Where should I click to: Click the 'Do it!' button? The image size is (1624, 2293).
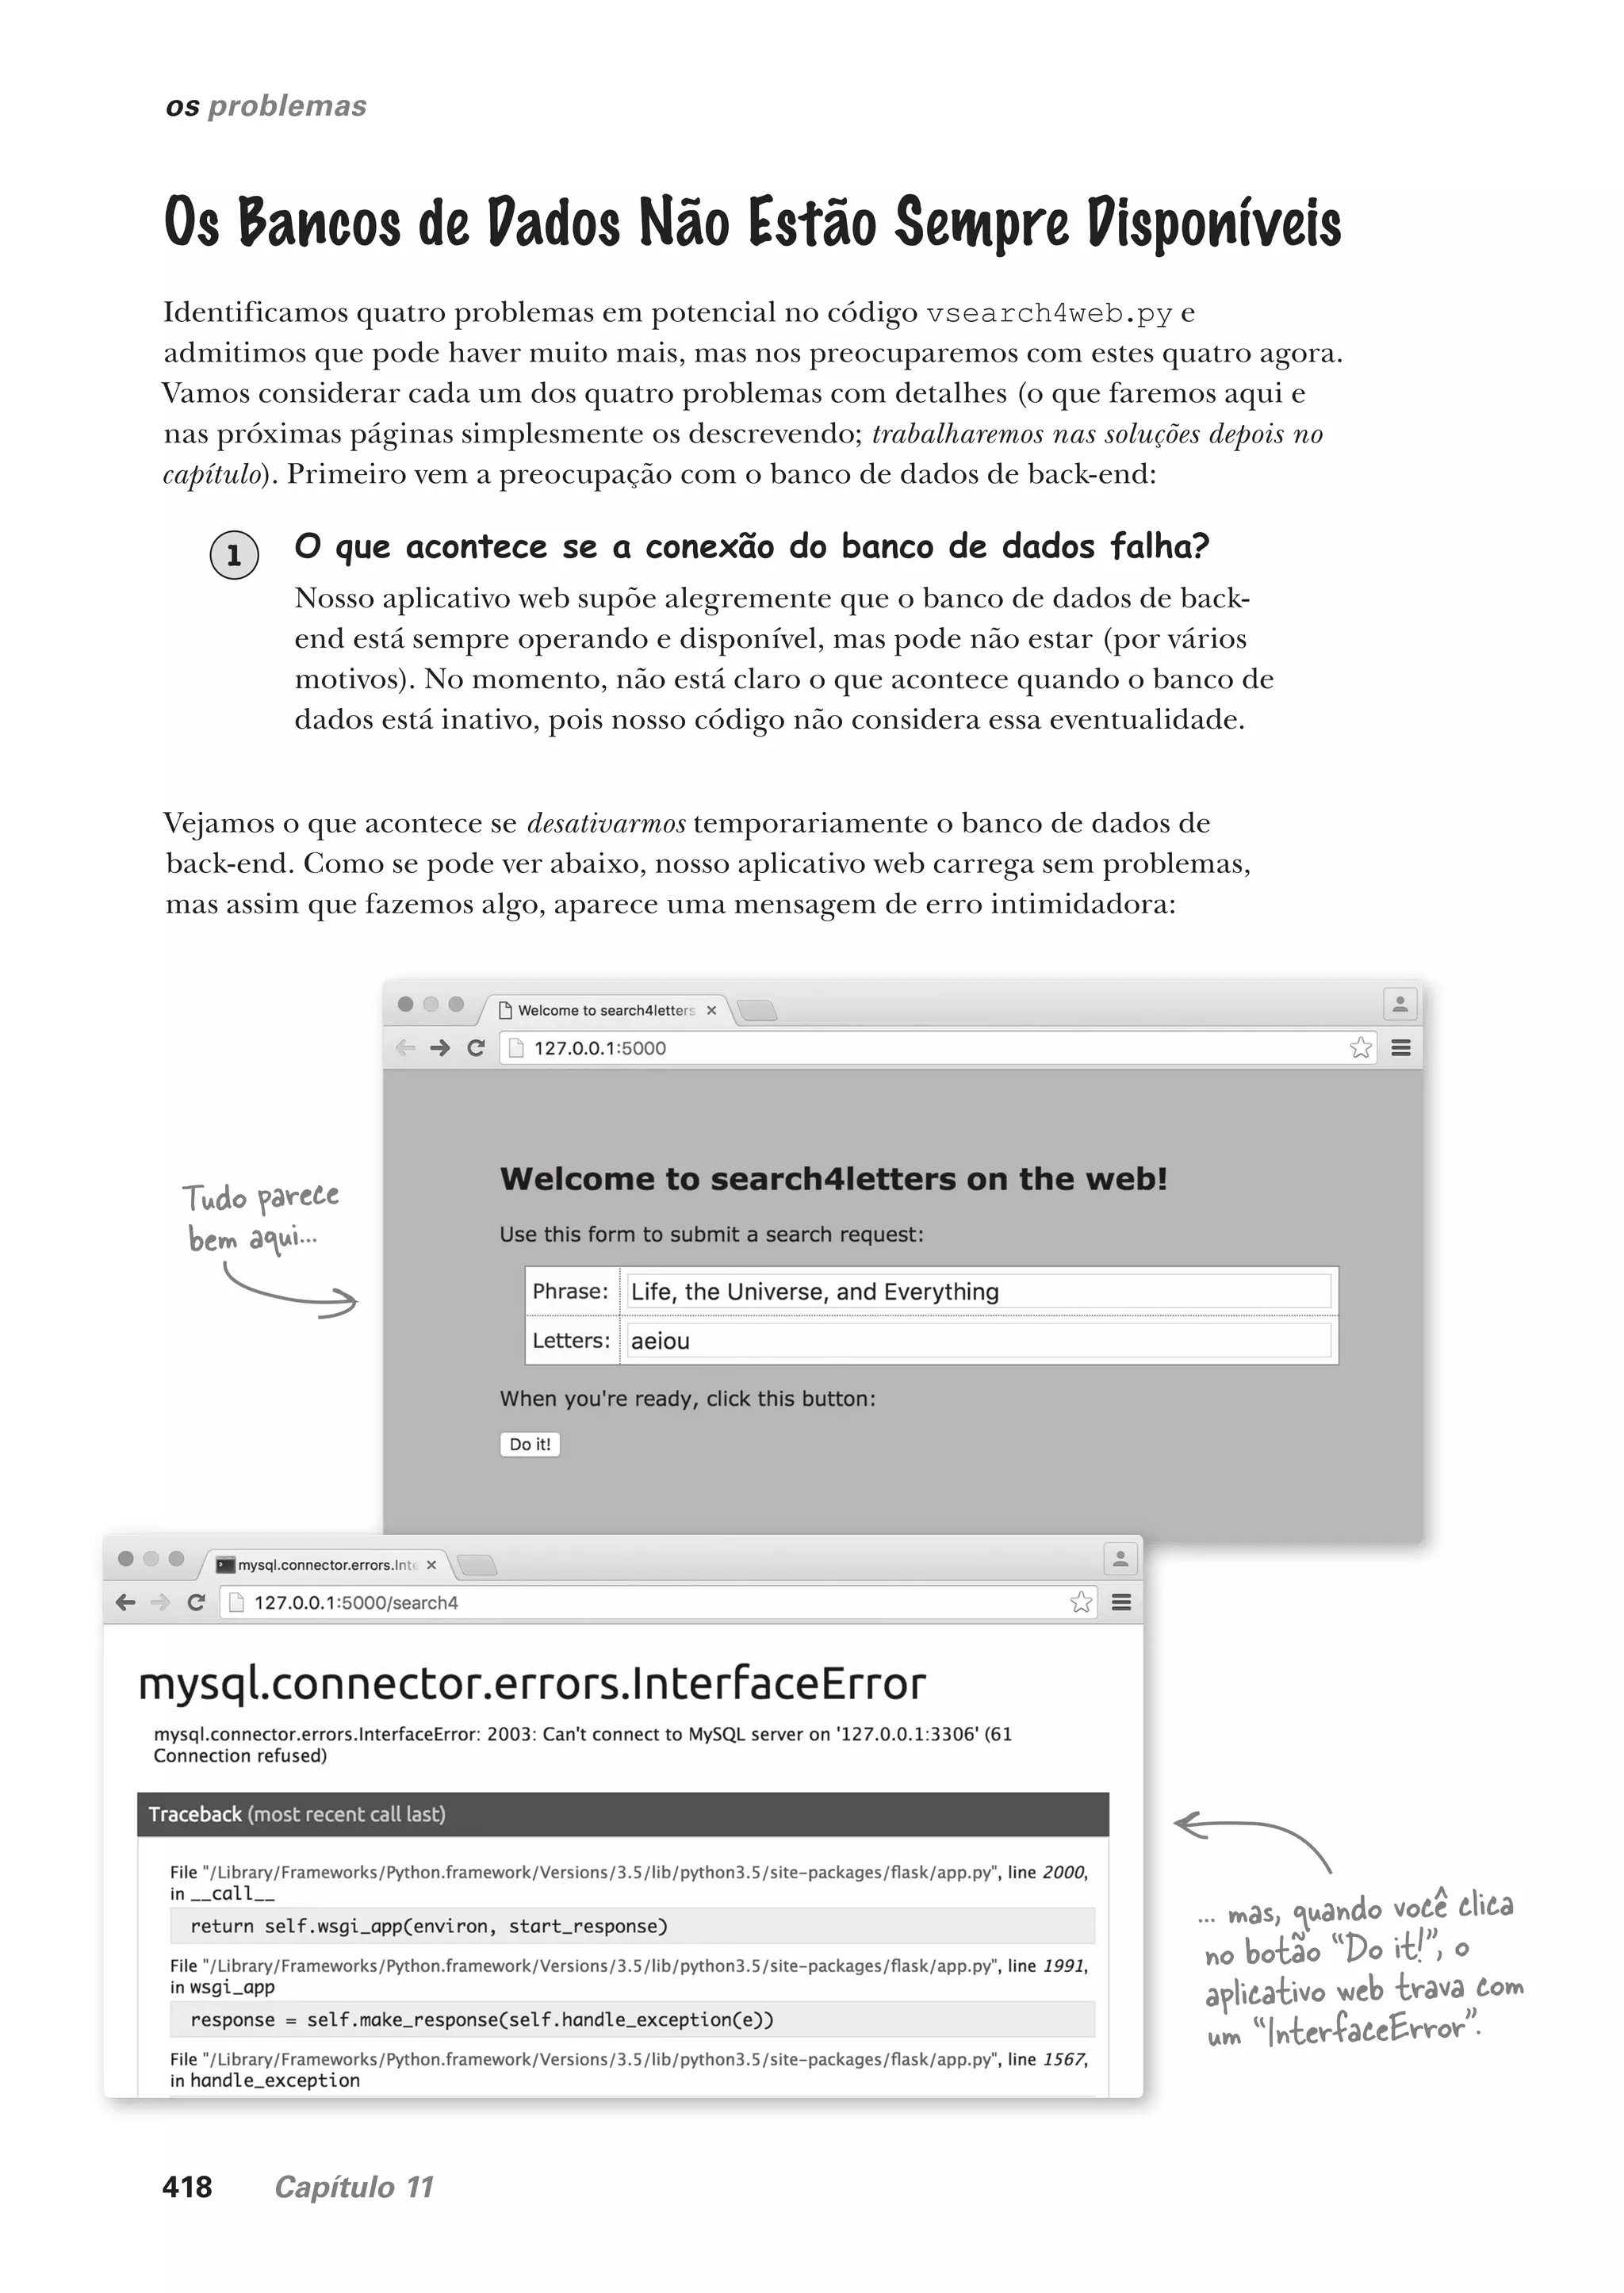click(x=529, y=1444)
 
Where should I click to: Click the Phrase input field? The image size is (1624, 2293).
click(x=978, y=1291)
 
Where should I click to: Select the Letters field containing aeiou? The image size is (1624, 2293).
click(x=978, y=1341)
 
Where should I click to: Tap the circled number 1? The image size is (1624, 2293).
click(x=234, y=555)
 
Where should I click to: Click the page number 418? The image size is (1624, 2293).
click(x=187, y=2187)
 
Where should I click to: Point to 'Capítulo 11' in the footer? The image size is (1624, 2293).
click(x=354, y=2187)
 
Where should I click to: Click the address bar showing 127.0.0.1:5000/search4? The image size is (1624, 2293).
click(x=640, y=1602)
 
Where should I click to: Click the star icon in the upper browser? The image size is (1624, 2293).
click(x=1360, y=1048)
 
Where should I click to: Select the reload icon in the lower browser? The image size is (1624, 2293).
click(x=196, y=1602)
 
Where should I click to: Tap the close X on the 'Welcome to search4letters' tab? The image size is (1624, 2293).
click(x=711, y=1010)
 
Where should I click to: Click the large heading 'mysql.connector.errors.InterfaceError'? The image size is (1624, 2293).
click(x=532, y=1684)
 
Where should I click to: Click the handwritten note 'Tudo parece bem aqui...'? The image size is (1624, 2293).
click(x=260, y=1217)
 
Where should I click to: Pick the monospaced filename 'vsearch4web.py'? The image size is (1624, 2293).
click(x=1048, y=313)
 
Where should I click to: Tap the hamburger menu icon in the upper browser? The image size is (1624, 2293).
click(x=1401, y=1048)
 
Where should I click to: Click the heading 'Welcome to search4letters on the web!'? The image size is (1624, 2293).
click(x=833, y=1179)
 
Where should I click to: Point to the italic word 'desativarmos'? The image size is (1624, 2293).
click(x=606, y=824)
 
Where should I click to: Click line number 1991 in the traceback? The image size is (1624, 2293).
click(x=1063, y=1966)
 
